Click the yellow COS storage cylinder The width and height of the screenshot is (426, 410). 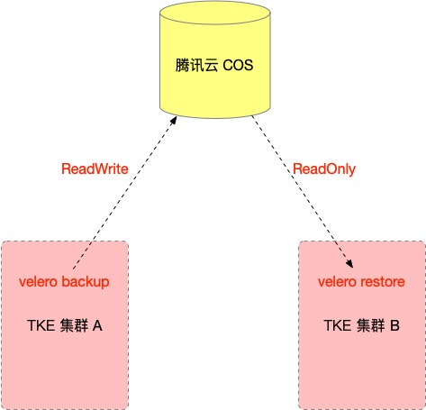[215, 59]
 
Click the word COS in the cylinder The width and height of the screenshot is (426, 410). [238, 65]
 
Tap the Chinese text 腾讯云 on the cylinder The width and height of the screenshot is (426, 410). [196, 65]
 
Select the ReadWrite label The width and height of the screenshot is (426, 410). [95, 169]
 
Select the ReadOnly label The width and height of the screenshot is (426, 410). [324, 169]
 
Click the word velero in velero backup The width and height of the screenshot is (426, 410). [38, 282]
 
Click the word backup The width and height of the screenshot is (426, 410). [86, 282]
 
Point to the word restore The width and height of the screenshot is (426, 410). [383, 282]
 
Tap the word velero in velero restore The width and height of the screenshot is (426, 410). [337, 282]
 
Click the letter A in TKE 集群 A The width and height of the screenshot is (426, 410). [97, 325]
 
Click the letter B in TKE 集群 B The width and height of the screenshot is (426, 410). [394, 325]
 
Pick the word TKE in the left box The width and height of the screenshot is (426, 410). [41, 325]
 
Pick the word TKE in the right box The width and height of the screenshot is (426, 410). [338, 325]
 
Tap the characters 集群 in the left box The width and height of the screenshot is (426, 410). [74, 325]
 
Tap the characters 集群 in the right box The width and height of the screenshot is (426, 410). [371, 325]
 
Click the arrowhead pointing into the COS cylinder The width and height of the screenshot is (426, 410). [173, 121]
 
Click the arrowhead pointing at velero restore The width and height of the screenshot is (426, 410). [349, 263]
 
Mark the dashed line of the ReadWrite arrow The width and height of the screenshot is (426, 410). [124, 193]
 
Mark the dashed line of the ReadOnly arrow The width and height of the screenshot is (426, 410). [302, 191]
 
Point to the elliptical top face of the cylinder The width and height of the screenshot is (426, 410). [215, 13]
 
